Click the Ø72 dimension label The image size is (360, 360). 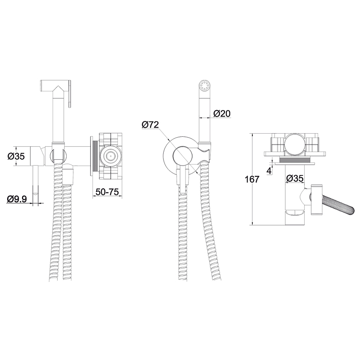(150, 125)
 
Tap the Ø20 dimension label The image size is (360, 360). (222, 113)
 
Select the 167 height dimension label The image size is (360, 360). (252, 179)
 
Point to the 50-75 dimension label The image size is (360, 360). (107, 192)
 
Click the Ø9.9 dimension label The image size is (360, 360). (17, 199)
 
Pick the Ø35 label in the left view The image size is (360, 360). (16, 157)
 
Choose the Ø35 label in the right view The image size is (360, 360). (295, 178)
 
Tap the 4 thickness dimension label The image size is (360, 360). (269, 171)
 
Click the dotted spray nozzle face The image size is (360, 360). (205, 85)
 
